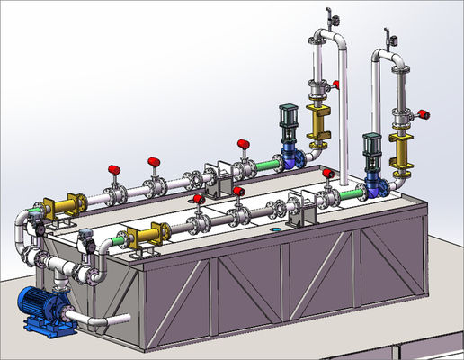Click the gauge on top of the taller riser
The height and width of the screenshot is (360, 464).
click(x=332, y=17)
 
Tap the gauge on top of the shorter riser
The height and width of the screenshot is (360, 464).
click(x=390, y=39)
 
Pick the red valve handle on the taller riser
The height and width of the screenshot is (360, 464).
click(x=335, y=84)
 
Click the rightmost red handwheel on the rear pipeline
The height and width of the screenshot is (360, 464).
click(x=242, y=143)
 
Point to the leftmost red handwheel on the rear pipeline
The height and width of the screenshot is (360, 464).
click(x=114, y=169)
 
